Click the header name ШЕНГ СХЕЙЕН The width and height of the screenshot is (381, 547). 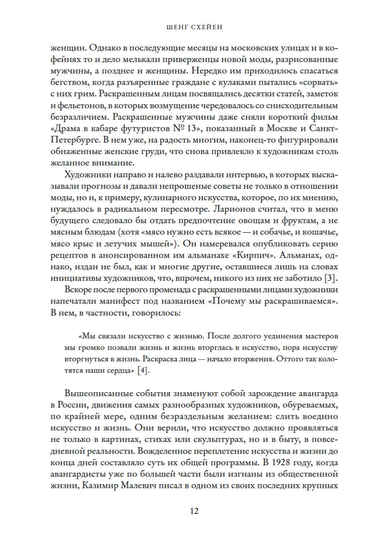coord(194,27)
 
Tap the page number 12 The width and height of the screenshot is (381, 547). coord(194,511)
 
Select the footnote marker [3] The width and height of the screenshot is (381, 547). coord(331,278)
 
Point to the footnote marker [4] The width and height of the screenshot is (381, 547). coord(143,370)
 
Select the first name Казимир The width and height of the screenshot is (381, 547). coord(100,486)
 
